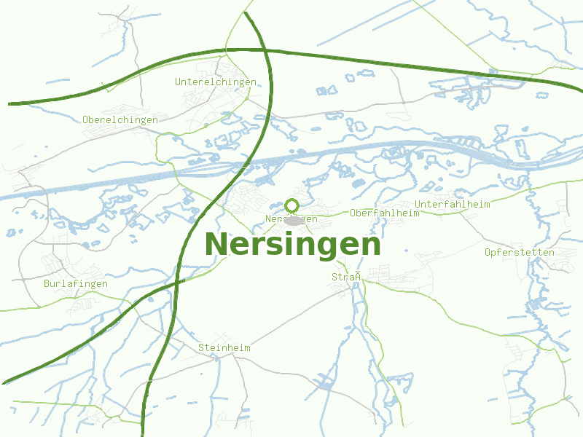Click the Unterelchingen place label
pyautogui.click(x=216, y=82)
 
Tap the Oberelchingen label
pyautogui.click(x=120, y=119)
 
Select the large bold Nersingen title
pyautogui.click(x=292, y=244)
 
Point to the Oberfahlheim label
pyautogui.click(x=385, y=213)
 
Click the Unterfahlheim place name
pyautogui.click(x=453, y=204)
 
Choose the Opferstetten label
pyautogui.click(x=520, y=253)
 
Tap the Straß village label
pyautogui.click(x=347, y=277)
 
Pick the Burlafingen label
pyautogui.click(x=76, y=283)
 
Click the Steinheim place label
pyautogui.click(x=224, y=348)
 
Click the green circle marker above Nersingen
pyautogui.click(x=292, y=205)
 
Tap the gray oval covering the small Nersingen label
pyautogui.click(x=294, y=219)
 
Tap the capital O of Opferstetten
pyautogui.click(x=488, y=253)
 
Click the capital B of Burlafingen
pyautogui.click(x=47, y=283)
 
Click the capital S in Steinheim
pyautogui.click(x=201, y=348)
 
